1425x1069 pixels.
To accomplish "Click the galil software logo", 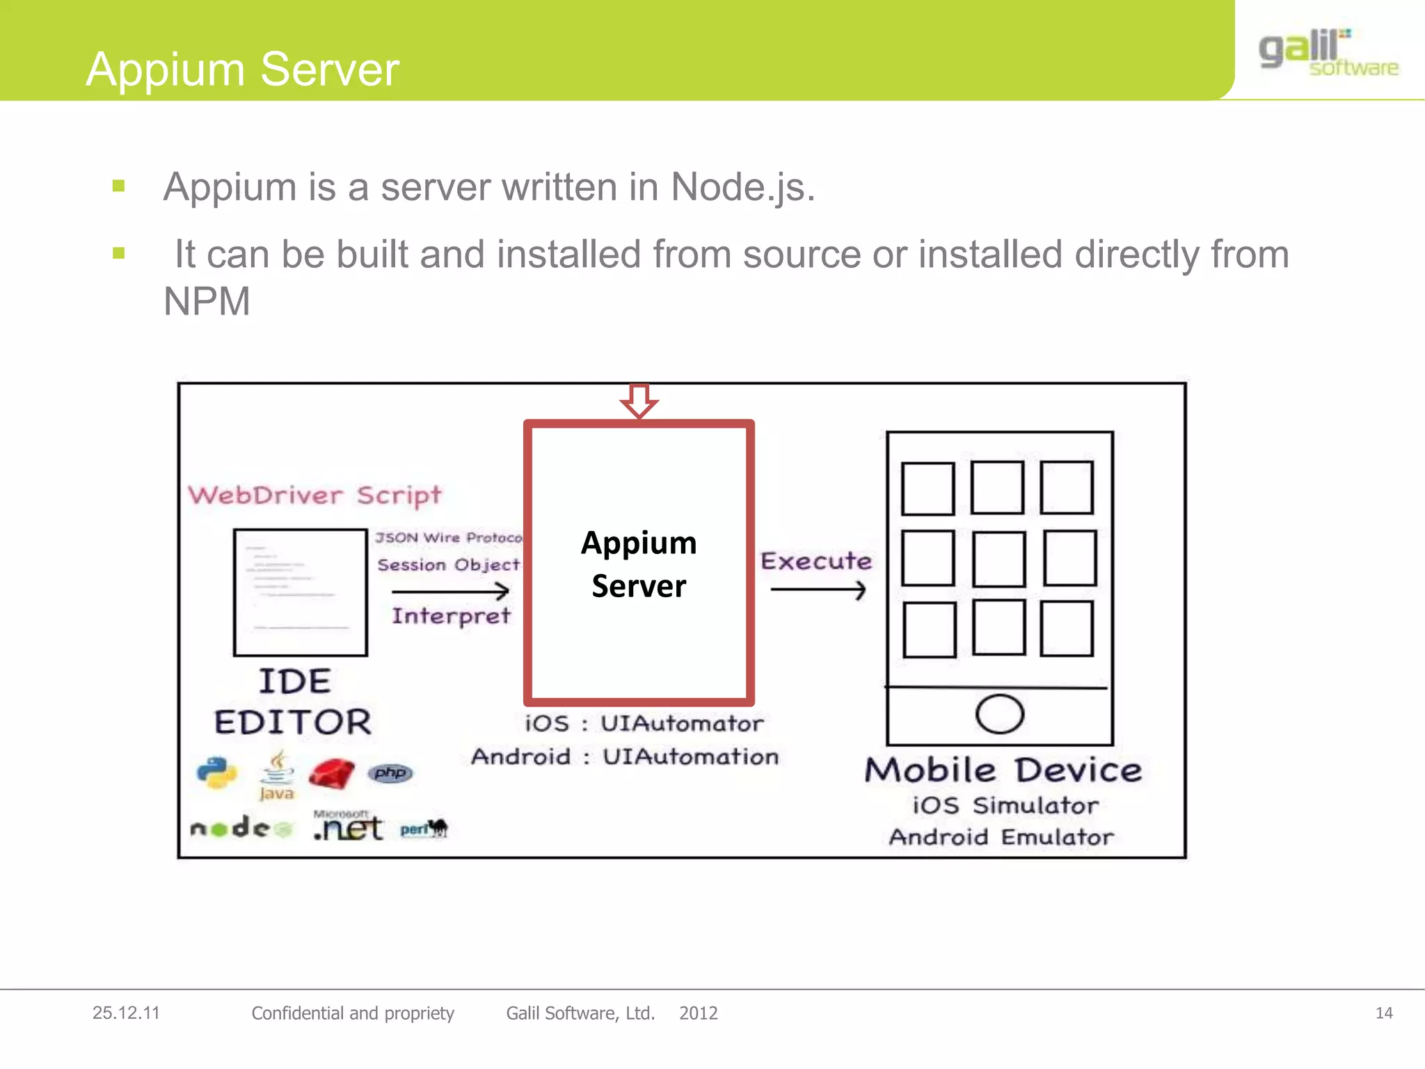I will pyautogui.click(x=1328, y=53).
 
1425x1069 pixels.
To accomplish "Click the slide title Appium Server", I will pyautogui.click(x=242, y=70).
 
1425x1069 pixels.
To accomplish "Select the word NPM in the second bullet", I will pyautogui.click(x=207, y=302).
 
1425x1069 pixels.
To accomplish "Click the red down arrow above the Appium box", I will pyautogui.click(x=639, y=401).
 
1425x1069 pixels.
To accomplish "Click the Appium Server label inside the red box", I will pyautogui.click(x=639, y=564).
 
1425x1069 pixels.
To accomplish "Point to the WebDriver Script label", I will pyautogui.click(x=315, y=496).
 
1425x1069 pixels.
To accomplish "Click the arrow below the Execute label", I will pyautogui.click(x=818, y=590).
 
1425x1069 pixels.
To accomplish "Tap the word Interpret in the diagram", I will pyautogui.click(x=451, y=616).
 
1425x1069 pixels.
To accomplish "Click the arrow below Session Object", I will pyautogui.click(x=450, y=592).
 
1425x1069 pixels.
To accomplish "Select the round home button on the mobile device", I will pyautogui.click(x=999, y=714).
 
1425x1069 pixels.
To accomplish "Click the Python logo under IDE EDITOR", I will pyautogui.click(x=216, y=773).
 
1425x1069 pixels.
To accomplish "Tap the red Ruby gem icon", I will pyautogui.click(x=331, y=774).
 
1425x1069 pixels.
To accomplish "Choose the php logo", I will pyautogui.click(x=390, y=773).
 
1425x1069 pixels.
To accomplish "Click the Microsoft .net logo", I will pyautogui.click(x=348, y=826).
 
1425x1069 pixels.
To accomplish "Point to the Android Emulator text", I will pyautogui.click(x=1001, y=837).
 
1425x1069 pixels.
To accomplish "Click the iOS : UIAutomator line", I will pyautogui.click(x=644, y=724).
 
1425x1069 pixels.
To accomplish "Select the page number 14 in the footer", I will pyautogui.click(x=1384, y=1013).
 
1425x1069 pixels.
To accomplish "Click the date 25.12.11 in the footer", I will pyautogui.click(x=126, y=1013).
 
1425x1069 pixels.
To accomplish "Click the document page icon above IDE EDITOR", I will pyautogui.click(x=301, y=592).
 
